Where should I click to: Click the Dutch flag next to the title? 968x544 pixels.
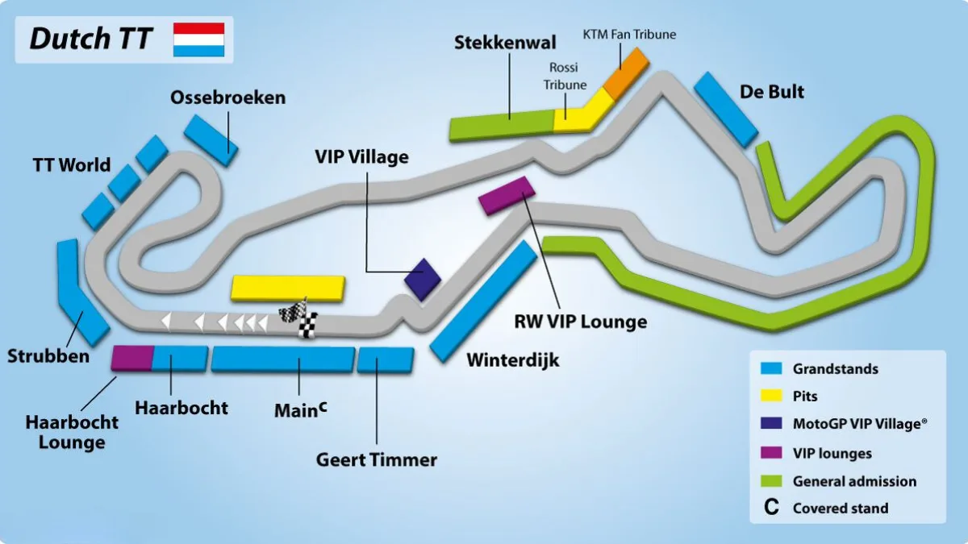coord(198,39)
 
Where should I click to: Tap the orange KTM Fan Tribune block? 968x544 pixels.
coord(626,73)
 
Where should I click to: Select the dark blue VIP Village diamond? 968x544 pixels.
coord(423,280)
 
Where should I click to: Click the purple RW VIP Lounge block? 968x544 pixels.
coord(507,195)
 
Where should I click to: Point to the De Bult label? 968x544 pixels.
coord(772,92)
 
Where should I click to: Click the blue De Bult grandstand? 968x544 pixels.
coord(726,110)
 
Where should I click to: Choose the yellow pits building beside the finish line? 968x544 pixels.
coord(288,288)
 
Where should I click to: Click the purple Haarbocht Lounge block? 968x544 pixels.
coord(132,358)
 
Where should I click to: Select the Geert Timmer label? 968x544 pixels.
coord(377,460)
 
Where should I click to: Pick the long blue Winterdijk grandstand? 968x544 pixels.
coord(483,301)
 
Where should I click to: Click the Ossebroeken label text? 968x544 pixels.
coord(227,98)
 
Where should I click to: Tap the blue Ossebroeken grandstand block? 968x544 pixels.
coord(211,140)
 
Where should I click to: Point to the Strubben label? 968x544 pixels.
coord(48,356)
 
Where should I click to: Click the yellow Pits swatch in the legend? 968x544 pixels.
coord(771,396)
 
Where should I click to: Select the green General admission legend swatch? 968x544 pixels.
coord(771,481)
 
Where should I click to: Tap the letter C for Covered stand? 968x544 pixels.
coord(771,507)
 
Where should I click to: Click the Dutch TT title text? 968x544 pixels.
coord(91,39)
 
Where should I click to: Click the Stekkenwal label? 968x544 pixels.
coord(505,43)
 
